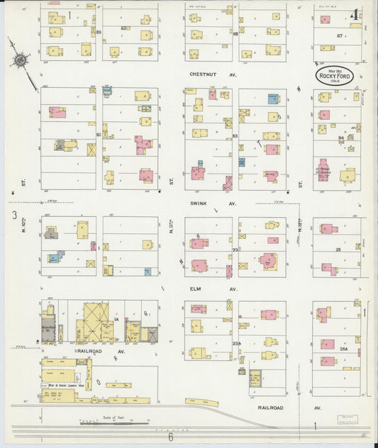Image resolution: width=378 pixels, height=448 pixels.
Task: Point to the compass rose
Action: [21, 62]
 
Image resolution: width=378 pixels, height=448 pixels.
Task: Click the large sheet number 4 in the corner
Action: [353, 14]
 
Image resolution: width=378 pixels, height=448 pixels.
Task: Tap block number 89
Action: [99, 32]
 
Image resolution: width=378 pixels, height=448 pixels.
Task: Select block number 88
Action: [235, 33]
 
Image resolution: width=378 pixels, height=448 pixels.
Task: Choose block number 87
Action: [340, 35]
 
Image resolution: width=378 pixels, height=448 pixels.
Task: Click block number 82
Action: [99, 134]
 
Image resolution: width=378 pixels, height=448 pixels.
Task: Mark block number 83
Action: [235, 135]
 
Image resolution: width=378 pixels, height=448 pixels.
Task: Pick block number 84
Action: [340, 138]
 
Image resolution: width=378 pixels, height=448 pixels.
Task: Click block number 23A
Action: [235, 343]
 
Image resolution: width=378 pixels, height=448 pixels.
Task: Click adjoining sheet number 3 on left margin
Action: [13, 215]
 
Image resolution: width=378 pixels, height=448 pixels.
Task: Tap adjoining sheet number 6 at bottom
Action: [170, 437]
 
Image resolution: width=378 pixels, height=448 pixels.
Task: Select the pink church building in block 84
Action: [323, 170]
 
